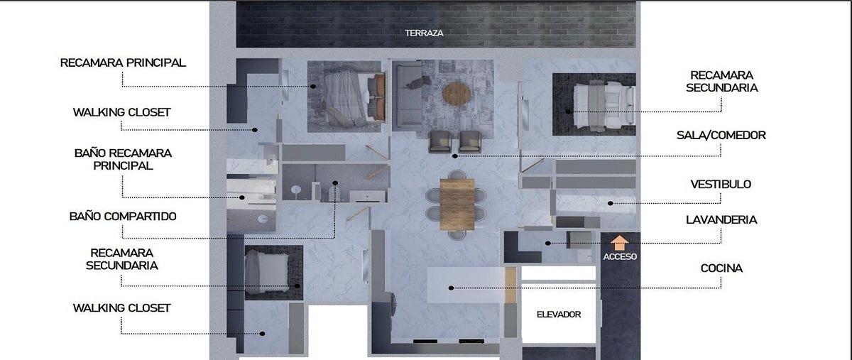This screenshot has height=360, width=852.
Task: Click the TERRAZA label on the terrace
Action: pos(424,33)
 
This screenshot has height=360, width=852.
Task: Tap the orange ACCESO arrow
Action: pos(620,243)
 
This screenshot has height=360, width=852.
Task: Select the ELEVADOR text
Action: pos(559,315)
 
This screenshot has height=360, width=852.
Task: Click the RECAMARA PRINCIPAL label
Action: pos(123,62)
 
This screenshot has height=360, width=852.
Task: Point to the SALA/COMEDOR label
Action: pos(721,135)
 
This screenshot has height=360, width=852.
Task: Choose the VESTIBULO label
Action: pos(721,184)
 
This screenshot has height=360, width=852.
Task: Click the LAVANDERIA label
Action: pos(721,219)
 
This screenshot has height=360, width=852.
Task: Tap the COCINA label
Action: pos(721,268)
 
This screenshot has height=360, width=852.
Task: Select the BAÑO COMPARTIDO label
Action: pos(123,217)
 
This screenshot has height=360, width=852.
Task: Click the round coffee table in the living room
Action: pos(457,94)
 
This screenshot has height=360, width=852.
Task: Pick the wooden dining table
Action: pos(457,204)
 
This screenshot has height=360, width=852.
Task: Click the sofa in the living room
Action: pos(407,97)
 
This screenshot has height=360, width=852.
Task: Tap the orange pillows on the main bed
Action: pos(379,97)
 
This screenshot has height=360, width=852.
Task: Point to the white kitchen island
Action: pos(466,285)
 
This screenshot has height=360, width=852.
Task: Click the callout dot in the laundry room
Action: pos(547,243)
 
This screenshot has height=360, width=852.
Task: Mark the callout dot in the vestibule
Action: pos(610,203)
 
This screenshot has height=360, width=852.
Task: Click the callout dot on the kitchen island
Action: pos(451,288)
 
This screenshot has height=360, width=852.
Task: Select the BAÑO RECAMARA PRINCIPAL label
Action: pos(123,160)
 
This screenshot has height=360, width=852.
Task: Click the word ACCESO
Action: pos(620,256)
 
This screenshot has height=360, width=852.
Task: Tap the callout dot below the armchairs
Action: pos(455,156)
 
